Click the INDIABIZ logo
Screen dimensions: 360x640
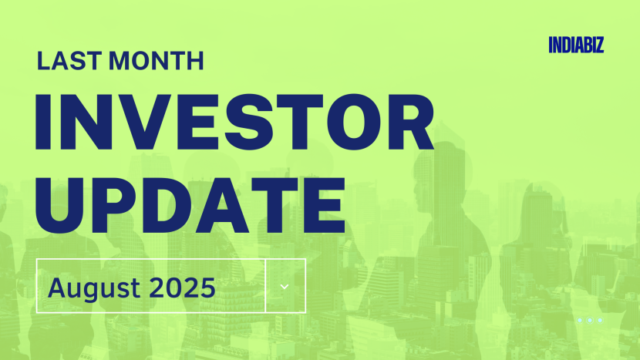(576, 45)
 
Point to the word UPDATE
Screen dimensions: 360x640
(190, 198)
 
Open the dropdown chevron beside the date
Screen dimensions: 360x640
(285, 286)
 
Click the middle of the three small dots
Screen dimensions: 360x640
(590, 320)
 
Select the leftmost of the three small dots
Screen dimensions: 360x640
(580, 320)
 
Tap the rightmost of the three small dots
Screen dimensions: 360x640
(600, 320)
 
